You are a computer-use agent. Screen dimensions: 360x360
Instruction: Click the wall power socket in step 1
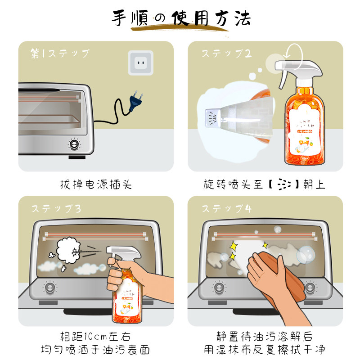coord(140,63)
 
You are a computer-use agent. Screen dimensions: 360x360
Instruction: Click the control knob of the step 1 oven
coord(73,144)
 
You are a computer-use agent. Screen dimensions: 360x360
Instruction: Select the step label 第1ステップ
coord(60,54)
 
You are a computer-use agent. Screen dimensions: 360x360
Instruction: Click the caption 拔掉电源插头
coord(96,184)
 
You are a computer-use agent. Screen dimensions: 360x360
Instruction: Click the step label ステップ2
coord(226,54)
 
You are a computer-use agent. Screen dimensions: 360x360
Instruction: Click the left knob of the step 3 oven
coord(49,287)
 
